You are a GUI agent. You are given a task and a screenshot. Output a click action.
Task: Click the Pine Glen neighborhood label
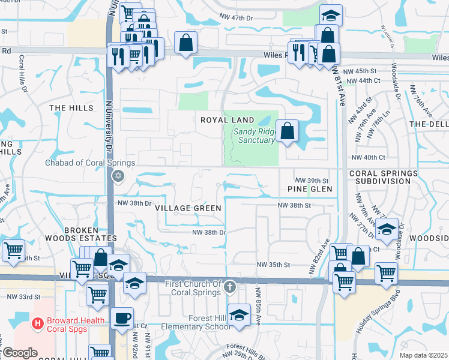(x=309, y=189)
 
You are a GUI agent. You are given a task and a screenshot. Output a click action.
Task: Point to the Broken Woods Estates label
(x=89, y=235)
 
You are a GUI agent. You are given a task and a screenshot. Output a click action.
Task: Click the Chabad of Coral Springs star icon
(x=118, y=176)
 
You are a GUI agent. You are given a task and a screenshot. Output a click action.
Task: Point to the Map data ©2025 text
(x=423, y=355)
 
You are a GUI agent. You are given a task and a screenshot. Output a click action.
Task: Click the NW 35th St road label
(x=273, y=265)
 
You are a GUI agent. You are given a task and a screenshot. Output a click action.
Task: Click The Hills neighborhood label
(x=71, y=108)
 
